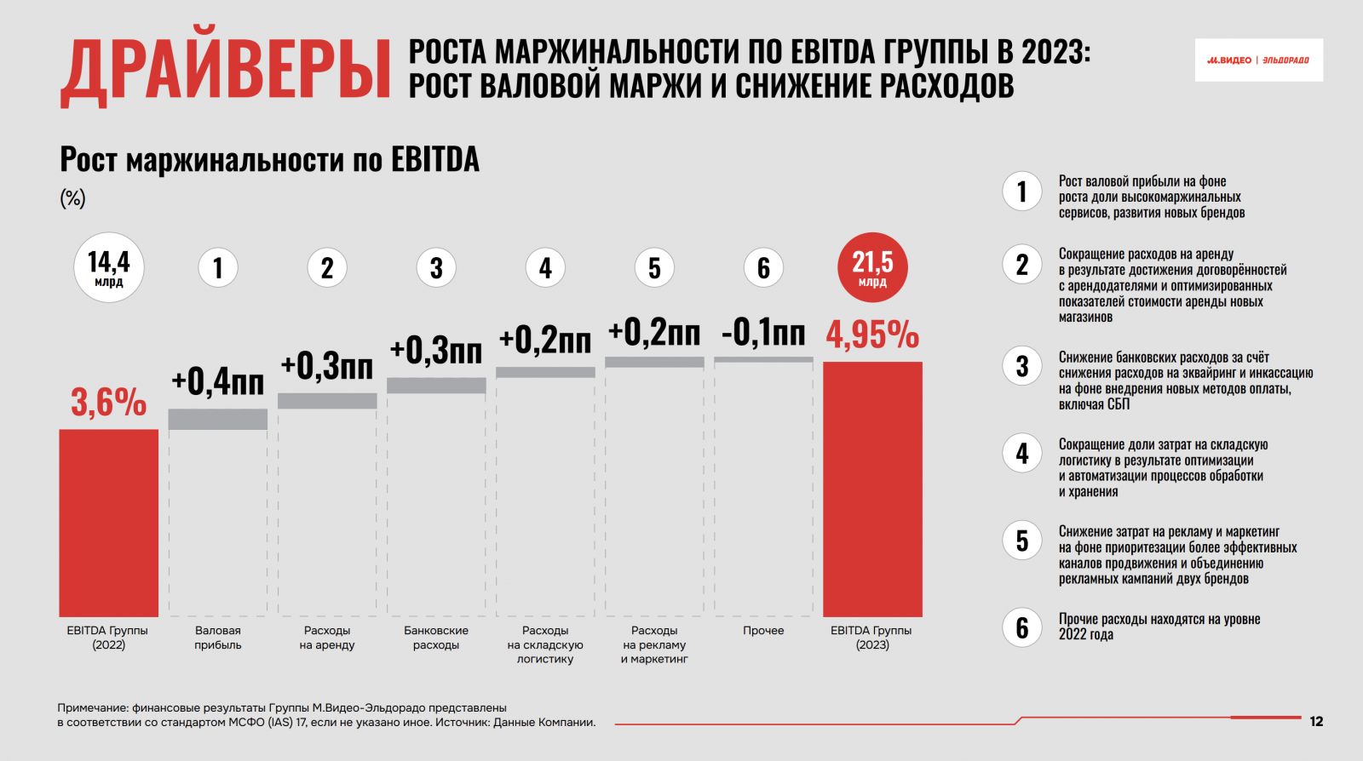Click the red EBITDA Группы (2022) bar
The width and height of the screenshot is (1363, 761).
[x=108, y=523]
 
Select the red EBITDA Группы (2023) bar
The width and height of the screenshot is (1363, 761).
[x=872, y=489]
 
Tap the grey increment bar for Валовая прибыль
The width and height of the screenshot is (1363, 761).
[x=218, y=419]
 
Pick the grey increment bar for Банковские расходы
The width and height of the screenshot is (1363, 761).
[x=436, y=386]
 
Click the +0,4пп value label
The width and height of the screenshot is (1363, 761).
[x=218, y=381]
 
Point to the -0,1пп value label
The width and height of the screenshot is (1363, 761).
[x=763, y=332]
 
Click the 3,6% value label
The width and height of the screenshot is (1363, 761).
[x=108, y=402]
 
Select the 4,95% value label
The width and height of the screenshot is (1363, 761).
[x=872, y=335]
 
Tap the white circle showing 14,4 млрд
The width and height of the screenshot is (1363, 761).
[x=109, y=267]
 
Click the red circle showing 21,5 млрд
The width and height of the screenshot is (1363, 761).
[x=872, y=267]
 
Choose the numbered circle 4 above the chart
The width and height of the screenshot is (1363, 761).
[x=545, y=268]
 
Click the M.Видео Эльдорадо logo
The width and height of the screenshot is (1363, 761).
[x=1258, y=60]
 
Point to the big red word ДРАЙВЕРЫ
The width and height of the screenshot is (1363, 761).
[x=226, y=71]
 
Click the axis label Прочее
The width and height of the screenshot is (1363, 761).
[x=763, y=631]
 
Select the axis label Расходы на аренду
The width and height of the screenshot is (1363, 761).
[x=327, y=638]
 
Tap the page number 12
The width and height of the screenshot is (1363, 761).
[x=1316, y=722]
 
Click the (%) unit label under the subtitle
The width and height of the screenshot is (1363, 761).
[x=72, y=198]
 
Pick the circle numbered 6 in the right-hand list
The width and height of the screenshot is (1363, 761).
[x=1022, y=627]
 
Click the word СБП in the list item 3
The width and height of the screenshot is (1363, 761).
[x=1119, y=404]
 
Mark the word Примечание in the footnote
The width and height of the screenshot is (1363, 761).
[x=92, y=707]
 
